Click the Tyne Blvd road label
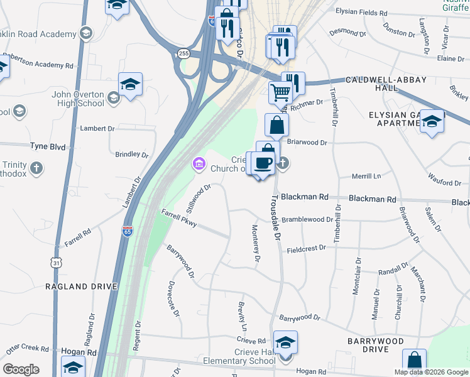tap(48, 146)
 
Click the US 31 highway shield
tap(56, 260)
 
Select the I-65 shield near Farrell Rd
tap(128, 231)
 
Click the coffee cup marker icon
tap(264, 163)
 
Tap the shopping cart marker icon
tap(280, 92)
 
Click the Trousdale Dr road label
tap(275, 217)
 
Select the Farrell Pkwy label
tap(178, 219)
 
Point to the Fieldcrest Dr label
tap(307, 248)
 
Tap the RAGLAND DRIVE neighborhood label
tap(81, 286)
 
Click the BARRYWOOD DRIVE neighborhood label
tap(375, 345)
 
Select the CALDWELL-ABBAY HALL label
tap(386, 84)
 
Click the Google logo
tap(21, 369)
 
